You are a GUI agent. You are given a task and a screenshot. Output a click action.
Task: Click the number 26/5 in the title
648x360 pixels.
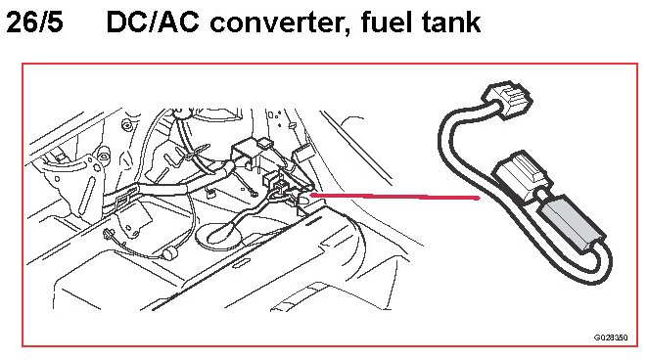34,22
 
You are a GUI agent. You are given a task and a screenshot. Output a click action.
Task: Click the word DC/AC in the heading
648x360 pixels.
153,22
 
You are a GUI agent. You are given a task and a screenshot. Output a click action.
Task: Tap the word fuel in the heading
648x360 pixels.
387,22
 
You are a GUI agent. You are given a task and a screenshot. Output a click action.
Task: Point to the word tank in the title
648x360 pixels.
451,22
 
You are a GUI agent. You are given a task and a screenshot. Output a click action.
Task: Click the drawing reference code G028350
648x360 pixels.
611,337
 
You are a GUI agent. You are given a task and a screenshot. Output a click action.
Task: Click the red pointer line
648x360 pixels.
394,196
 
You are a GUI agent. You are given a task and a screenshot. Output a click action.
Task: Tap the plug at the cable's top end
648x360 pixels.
507,100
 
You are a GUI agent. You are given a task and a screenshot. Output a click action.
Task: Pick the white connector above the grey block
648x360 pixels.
522,177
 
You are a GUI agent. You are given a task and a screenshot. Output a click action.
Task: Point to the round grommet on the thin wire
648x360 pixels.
168,253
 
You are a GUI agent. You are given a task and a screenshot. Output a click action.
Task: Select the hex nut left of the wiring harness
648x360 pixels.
104,156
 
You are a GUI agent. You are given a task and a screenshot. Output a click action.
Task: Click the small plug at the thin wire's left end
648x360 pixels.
110,236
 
